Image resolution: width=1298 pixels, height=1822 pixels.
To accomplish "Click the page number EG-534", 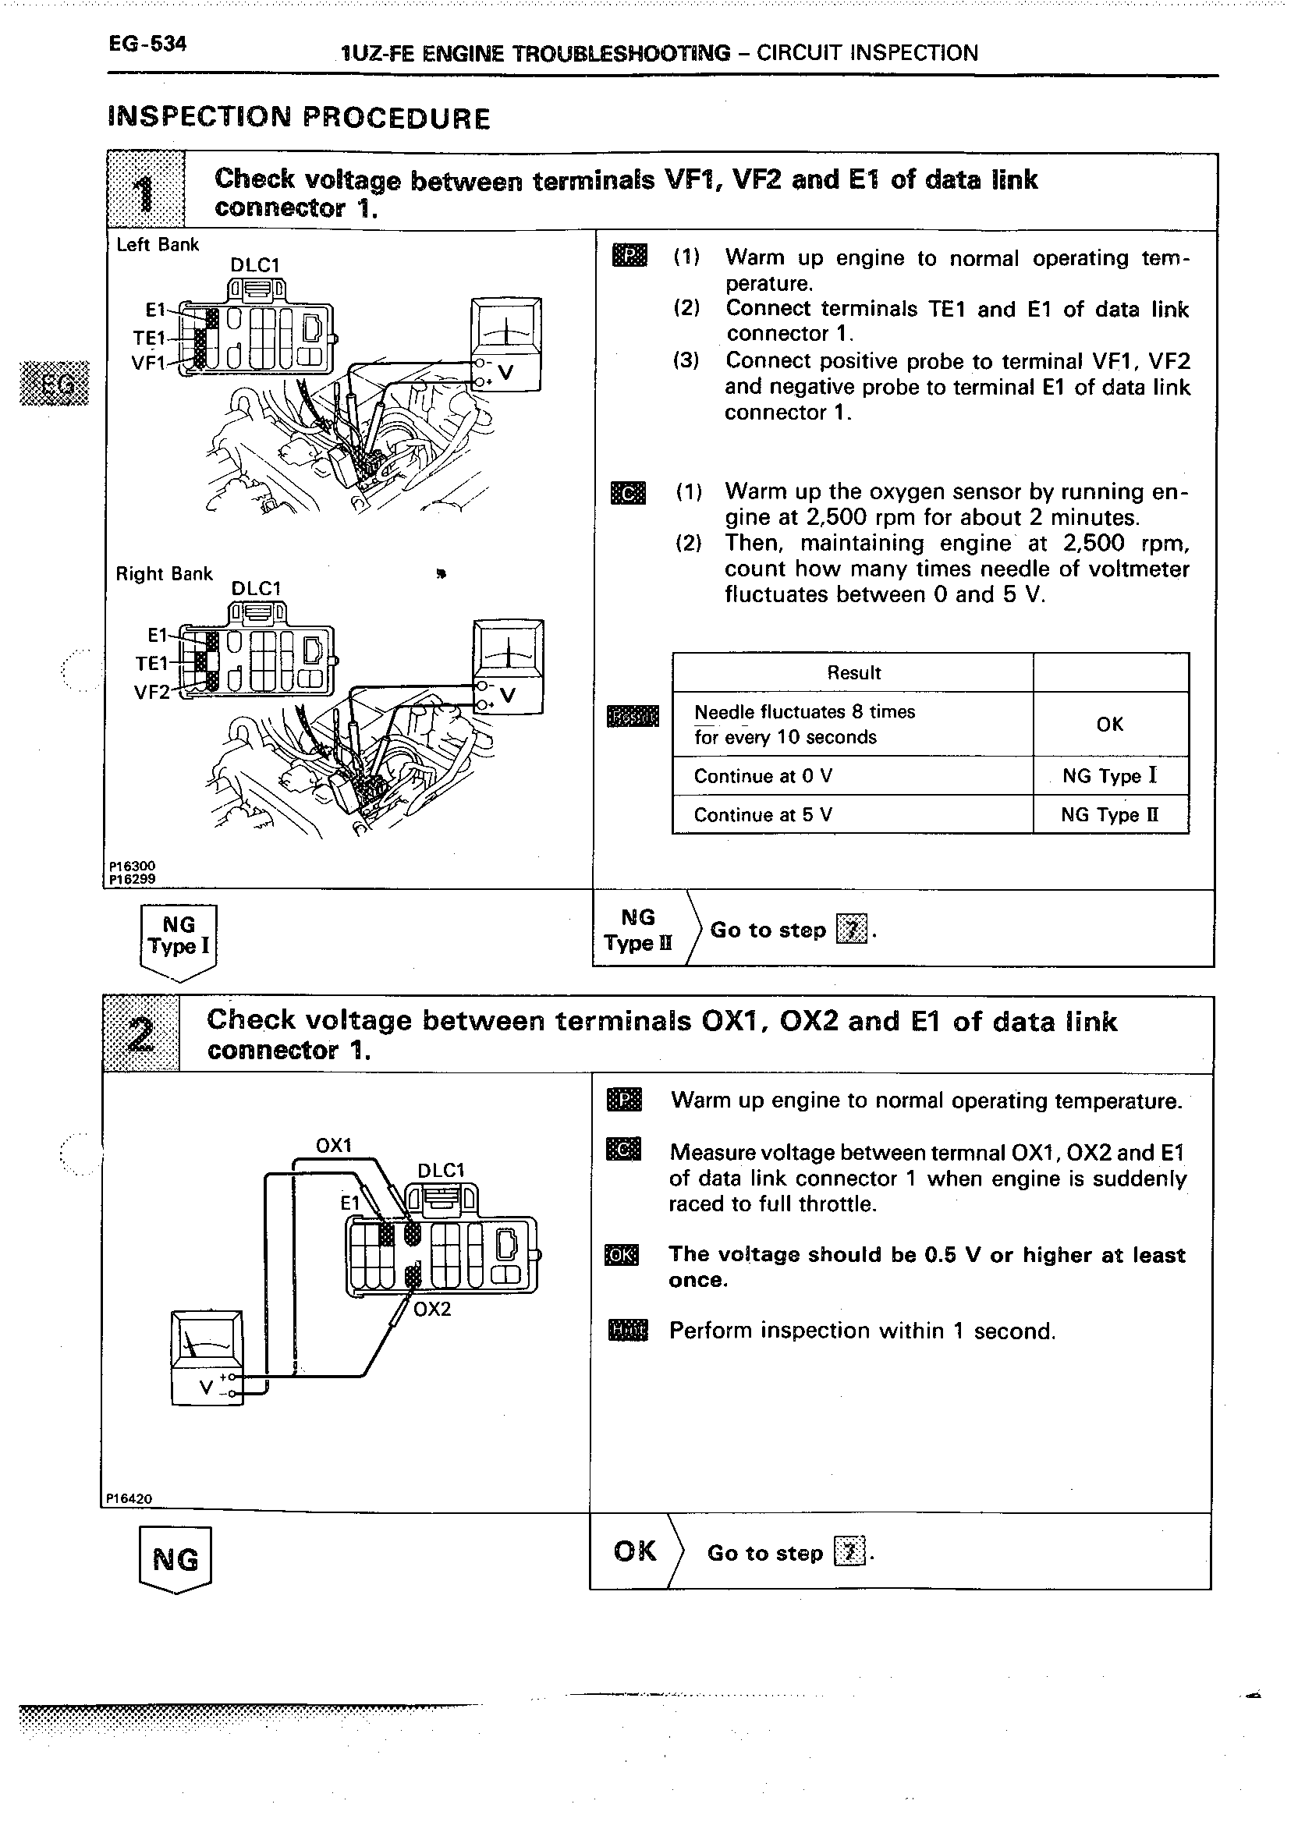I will [x=148, y=44].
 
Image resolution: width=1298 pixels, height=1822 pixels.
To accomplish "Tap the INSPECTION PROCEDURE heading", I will [x=298, y=118].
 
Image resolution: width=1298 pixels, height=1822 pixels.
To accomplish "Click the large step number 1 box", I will [x=144, y=192].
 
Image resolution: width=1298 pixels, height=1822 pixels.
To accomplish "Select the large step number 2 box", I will [x=141, y=1034].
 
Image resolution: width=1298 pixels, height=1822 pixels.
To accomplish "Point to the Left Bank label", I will [x=158, y=245].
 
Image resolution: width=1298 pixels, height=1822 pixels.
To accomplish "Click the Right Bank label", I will [x=164, y=574].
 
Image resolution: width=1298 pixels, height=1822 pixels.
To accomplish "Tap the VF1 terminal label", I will [x=148, y=363].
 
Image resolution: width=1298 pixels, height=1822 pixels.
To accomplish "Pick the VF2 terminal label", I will [x=151, y=692].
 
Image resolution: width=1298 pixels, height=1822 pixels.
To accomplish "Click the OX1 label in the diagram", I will [x=334, y=1145].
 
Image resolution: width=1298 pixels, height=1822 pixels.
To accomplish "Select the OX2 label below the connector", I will [x=432, y=1309].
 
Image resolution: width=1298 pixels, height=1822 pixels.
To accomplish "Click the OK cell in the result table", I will [x=1109, y=724].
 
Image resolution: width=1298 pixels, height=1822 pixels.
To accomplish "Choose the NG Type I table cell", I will [x=1109, y=776].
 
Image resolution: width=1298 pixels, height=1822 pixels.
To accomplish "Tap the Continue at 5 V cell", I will [x=851, y=815].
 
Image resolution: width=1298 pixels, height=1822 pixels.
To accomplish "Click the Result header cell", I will [x=853, y=673].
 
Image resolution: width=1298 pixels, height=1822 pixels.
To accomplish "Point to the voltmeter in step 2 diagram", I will [x=207, y=1358].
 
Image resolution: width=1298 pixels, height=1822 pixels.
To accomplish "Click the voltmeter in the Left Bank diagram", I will [x=506, y=345].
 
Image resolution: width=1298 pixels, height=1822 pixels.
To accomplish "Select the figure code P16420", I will [x=129, y=1499].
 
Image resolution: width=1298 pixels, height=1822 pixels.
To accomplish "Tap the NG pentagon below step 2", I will [x=175, y=1559].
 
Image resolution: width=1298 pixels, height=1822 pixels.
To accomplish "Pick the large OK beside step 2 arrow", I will [x=635, y=1551].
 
